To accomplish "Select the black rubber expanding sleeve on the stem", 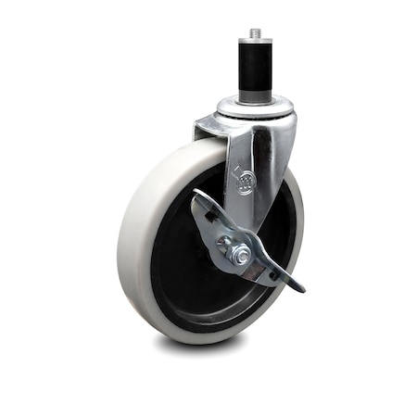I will click(x=256, y=69).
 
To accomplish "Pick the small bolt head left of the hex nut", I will click(x=222, y=244).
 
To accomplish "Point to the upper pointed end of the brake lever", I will click(x=196, y=196).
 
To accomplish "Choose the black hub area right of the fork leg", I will click(x=284, y=222).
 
